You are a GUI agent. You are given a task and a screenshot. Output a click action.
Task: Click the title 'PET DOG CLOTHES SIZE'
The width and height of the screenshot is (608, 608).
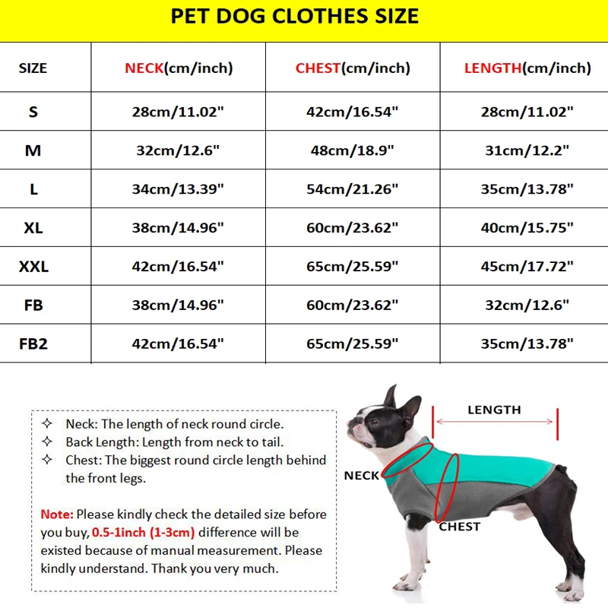(295, 17)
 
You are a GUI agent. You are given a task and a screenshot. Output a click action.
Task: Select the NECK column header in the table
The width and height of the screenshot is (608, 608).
(179, 68)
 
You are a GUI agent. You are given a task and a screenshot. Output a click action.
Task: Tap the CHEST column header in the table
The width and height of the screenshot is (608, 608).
(353, 68)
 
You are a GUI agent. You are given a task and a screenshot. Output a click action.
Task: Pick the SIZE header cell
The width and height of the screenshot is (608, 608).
(33, 68)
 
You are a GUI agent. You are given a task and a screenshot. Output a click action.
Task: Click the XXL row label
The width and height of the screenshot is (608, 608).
(33, 267)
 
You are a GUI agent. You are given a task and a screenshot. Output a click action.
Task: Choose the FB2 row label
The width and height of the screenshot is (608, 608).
(33, 344)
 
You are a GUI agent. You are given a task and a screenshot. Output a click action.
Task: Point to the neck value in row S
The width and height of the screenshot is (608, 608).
(178, 112)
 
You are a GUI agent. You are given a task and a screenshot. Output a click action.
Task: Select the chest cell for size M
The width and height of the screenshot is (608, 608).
(353, 150)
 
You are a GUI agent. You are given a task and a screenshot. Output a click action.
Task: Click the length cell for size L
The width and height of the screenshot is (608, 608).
(527, 189)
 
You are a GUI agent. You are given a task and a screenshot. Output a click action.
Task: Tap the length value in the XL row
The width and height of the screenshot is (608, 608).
(527, 228)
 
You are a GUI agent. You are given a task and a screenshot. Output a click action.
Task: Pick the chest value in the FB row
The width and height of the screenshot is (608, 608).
(353, 306)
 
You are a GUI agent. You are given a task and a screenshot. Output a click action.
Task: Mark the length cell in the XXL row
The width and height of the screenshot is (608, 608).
(527, 267)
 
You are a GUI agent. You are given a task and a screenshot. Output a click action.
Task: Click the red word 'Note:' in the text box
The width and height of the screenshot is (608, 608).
(57, 515)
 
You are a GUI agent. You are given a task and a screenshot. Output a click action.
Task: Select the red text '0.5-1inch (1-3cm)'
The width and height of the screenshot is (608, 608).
(143, 532)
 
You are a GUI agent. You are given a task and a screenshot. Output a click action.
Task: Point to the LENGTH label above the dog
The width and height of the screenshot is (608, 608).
(494, 410)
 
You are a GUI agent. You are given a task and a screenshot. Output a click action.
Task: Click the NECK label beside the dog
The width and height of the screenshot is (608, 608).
(361, 476)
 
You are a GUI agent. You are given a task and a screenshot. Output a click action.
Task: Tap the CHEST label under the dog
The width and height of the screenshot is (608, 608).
(460, 527)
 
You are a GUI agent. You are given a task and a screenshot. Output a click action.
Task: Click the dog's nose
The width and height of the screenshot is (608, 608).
(350, 420)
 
